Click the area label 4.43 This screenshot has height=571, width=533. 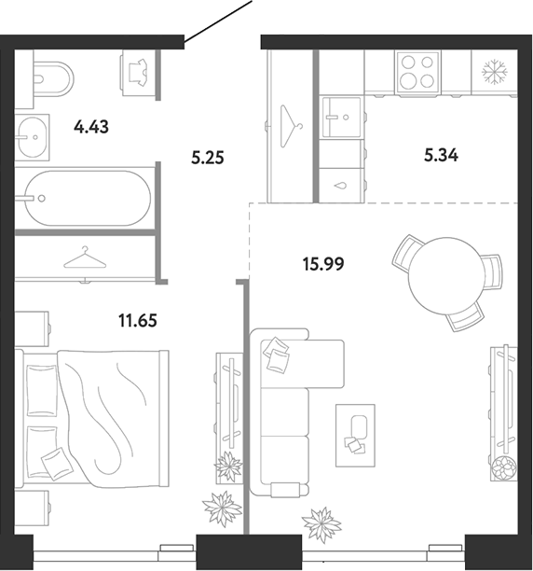click(x=91, y=128)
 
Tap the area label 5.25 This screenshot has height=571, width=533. click(x=208, y=158)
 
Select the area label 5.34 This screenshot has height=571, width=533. click(x=441, y=156)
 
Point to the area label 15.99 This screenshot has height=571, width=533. click(x=323, y=264)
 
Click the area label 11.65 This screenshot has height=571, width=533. click(x=138, y=321)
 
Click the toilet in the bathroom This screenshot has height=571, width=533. click(x=53, y=78)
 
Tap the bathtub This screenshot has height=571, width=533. click(x=88, y=198)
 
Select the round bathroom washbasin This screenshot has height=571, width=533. click(x=33, y=137)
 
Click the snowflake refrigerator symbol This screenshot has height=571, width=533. click(x=495, y=72)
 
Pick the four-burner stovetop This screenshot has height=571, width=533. click(x=417, y=72)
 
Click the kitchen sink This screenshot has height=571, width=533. click(x=341, y=118)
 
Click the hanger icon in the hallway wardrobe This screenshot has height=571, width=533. click(x=292, y=126)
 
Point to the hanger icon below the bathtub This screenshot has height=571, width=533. click(x=85, y=258)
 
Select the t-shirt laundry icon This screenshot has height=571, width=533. click(x=138, y=72)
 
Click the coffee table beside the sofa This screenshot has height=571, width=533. click(x=355, y=435)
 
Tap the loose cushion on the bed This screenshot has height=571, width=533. click(x=55, y=464)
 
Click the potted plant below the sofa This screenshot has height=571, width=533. click(x=321, y=524)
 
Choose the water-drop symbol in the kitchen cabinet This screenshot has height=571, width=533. click(x=341, y=186)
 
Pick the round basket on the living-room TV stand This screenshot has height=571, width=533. click(x=504, y=467)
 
